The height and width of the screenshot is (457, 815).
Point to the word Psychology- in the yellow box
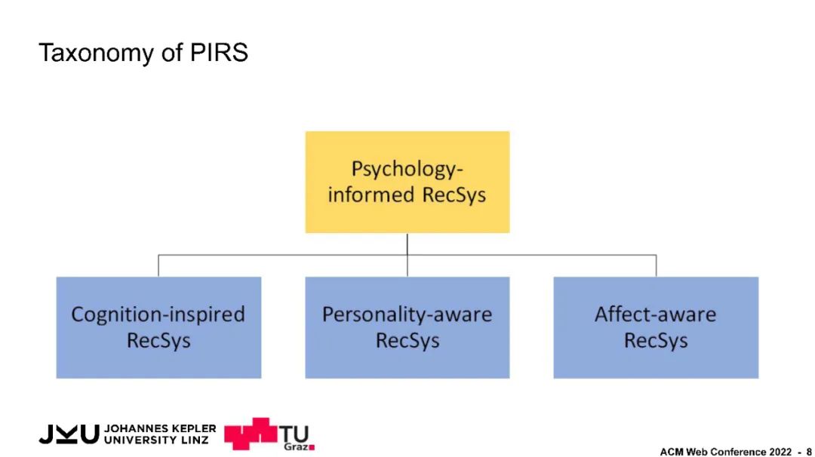(x=407, y=168)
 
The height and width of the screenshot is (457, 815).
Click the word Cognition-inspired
(x=158, y=314)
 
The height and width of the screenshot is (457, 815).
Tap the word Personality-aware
(x=407, y=314)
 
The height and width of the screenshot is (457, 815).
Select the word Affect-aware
(x=656, y=314)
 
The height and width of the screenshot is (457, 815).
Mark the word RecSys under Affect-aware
(x=656, y=341)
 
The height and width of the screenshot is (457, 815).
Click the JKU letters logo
(x=69, y=434)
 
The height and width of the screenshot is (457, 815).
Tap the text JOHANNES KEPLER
(x=160, y=428)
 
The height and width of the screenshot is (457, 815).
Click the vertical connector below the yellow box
(x=407, y=244)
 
